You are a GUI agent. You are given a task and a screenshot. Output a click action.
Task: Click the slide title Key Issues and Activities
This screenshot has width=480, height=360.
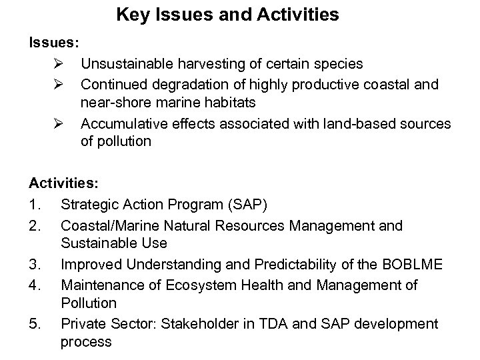pyautogui.click(x=227, y=14)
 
